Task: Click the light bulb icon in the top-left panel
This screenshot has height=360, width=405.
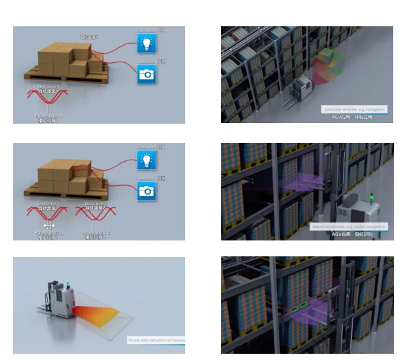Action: pyautogui.click(x=146, y=44)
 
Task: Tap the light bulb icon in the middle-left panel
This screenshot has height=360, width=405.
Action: pyautogui.click(x=146, y=161)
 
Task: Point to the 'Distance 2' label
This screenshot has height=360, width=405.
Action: pyautogui.click(x=95, y=204)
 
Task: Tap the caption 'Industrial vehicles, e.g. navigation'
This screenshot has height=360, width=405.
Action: pyautogui.click(x=354, y=109)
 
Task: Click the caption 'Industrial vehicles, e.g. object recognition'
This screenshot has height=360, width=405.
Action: pyautogui.click(x=349, y=226)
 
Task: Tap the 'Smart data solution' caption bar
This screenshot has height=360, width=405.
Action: pyautogui.click(x=156, y=340)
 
